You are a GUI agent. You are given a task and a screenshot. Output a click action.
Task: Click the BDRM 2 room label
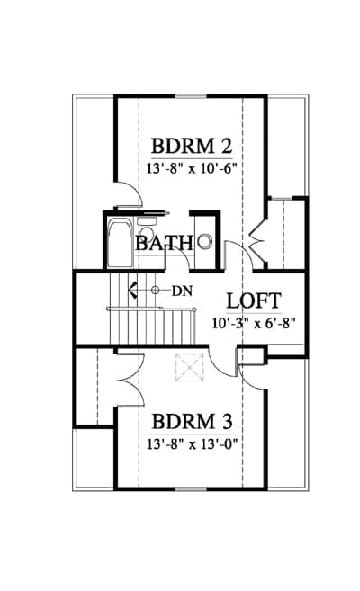coord(191,147)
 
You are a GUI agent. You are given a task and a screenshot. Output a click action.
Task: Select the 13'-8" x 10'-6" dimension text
coord(191,167)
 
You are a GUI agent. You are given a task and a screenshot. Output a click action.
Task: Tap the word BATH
coord(165,243)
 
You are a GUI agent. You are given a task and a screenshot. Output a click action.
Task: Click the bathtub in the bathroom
coord(120,245)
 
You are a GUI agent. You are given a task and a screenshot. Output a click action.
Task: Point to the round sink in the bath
coord(205,241)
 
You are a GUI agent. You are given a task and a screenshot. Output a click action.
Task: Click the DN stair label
coord(182,291)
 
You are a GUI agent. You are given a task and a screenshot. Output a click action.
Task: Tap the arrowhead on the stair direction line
coord(132,291)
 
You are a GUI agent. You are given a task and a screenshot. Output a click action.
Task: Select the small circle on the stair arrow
coord(155,291)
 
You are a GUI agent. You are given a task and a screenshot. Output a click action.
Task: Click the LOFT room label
coord(254,301)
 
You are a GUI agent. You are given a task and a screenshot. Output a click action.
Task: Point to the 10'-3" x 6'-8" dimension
coord(253,323)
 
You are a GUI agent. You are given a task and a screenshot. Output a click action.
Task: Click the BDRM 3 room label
coord(192,422)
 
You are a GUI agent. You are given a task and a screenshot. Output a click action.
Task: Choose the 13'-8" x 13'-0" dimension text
coord(192,444)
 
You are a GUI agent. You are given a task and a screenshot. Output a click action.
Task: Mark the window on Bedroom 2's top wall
coord(191,96)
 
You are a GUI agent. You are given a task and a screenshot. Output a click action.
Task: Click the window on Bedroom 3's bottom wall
coord(191,488)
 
